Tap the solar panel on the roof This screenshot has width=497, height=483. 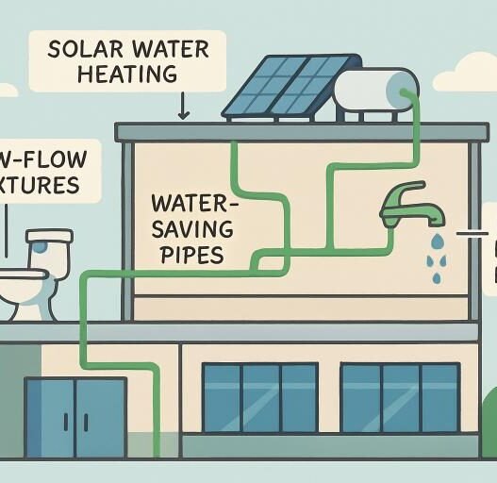278,87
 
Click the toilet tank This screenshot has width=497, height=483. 48,254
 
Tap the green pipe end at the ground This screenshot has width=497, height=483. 154,451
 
